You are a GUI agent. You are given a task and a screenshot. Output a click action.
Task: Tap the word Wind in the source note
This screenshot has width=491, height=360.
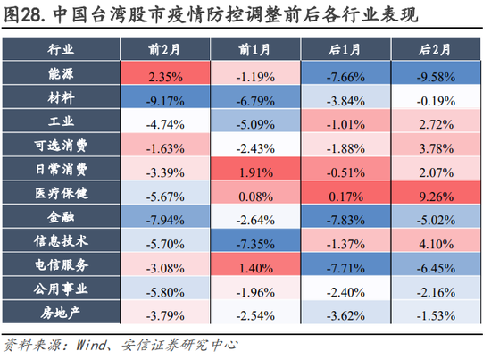(94, 343)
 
